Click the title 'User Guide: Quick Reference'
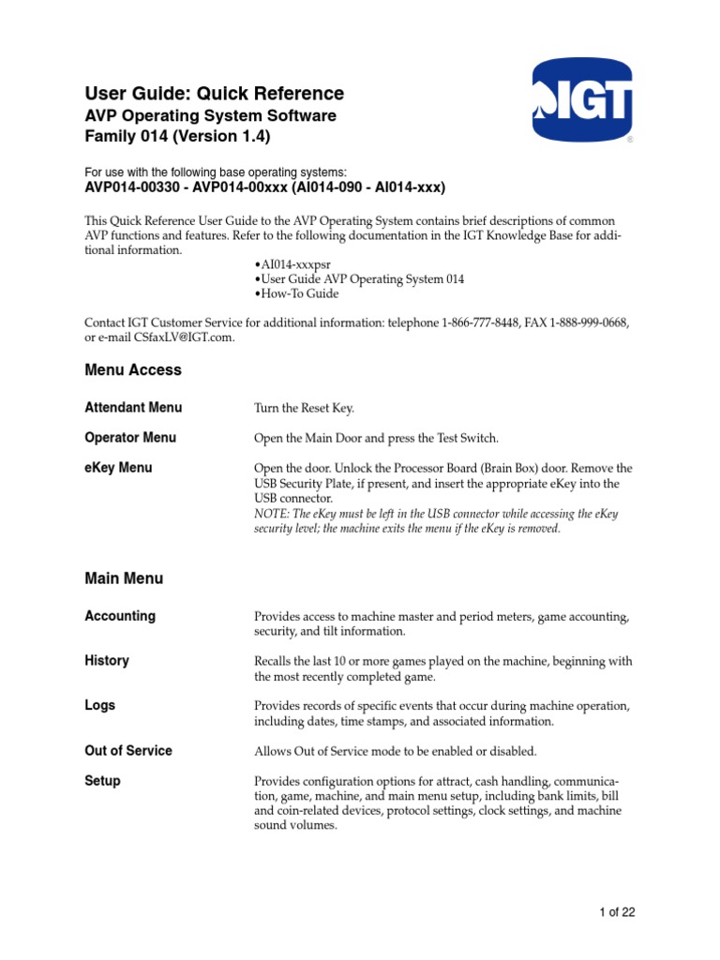[214, 94]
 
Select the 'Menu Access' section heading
[133, 370]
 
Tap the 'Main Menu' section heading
[124, 578]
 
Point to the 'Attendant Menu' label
[133, 408]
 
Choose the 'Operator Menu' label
[130, 438]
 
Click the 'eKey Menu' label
[118, 468]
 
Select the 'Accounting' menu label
[120, 616]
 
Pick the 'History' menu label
[107, 661]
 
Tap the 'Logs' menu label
[99, 706]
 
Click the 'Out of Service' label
[128, 751]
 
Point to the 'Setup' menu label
[102, 781]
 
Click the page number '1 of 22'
[618, 912]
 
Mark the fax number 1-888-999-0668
[585, 323]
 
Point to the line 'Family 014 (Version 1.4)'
[177, 136]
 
